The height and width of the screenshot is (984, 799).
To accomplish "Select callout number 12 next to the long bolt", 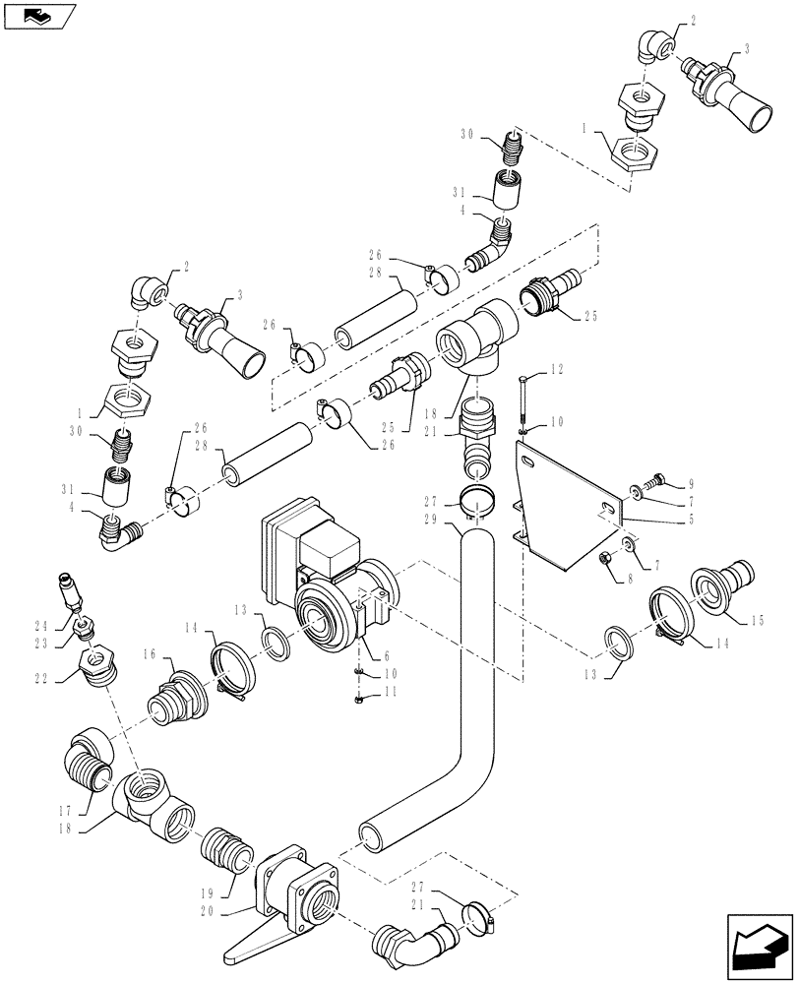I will click(557, 370).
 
